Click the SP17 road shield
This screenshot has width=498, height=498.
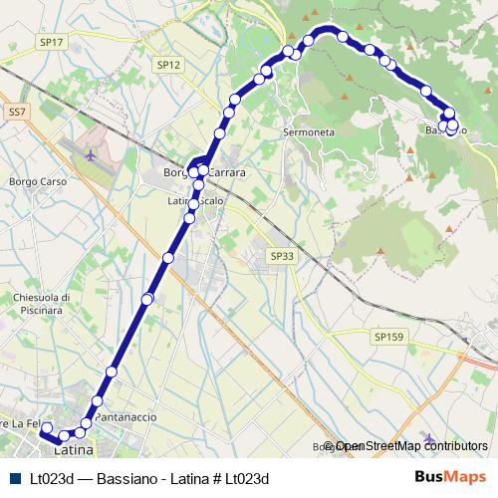coord(53,42)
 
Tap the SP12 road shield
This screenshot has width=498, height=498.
coord(168,64)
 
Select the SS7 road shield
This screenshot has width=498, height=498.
coord(16,114)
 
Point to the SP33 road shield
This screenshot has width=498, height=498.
coord(282,256)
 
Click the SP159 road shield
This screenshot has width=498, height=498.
coord(389,338)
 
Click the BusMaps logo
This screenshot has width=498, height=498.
coord(450,477)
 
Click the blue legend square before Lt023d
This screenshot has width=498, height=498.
coord(15,478)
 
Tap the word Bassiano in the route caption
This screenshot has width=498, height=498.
coord(124,478)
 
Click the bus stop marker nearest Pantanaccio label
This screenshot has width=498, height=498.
coord(97,401)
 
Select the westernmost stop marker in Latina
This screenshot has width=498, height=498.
coord(46,426)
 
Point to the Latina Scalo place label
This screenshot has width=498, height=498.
coord(195,201)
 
